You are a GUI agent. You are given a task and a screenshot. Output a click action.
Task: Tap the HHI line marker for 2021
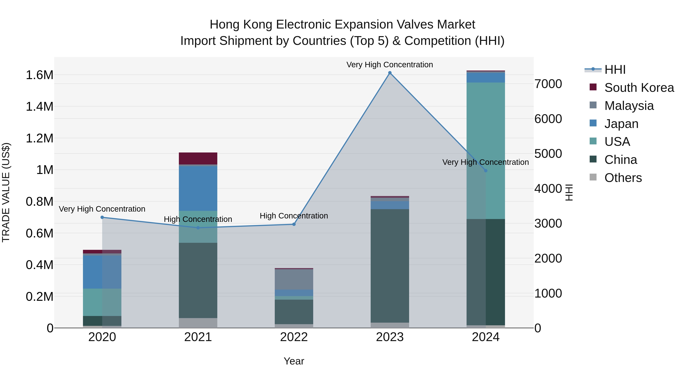tap(198, 228)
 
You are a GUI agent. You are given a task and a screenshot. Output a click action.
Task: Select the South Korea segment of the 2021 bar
tap(198, 158)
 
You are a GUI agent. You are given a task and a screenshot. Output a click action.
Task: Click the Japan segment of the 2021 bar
tap(198, 188)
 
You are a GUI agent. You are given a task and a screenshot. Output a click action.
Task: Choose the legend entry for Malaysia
tap(629, 106)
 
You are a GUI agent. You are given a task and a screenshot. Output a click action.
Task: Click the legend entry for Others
tap(623, 178)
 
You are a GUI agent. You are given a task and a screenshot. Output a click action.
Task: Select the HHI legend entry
tap(615, 70)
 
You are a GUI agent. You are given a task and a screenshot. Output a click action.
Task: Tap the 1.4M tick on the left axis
tap(39, 106)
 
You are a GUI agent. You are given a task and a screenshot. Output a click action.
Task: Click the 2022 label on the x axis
tap(294, 337)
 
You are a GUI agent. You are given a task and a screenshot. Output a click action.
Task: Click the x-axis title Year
tap(294, 361)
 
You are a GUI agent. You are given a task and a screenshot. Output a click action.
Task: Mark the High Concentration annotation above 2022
tap(294, 216)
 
